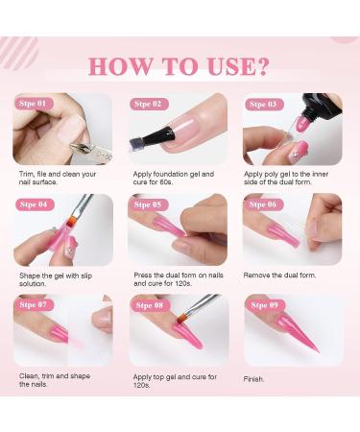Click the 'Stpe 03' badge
click(262, 104)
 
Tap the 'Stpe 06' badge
click(262, 204)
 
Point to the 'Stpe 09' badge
click(262, 305)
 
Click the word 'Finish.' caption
click(254, 378)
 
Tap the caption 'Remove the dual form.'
click(283, 275)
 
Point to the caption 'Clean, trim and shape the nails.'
click(57, 381)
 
